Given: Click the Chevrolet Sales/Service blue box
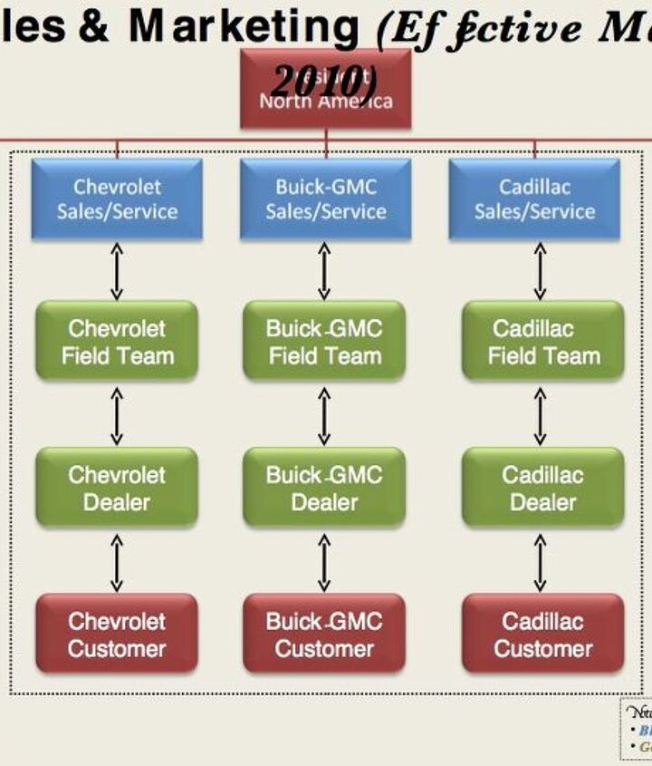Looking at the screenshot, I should [117, 199].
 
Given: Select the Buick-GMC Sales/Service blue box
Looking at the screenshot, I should [325, 199].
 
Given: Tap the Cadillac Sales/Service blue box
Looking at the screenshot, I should [534, 199].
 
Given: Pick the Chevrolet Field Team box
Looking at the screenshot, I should [117, 341].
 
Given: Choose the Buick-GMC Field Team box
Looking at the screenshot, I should [324, 341].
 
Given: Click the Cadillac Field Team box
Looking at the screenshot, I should [543, 341].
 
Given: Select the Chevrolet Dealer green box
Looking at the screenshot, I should [117, 488].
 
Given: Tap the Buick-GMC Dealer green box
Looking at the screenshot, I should [324, 488].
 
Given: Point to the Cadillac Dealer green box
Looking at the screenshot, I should [543, 488].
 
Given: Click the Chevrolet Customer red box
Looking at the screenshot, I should [117, 634].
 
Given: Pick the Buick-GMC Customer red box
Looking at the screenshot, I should [324, 634].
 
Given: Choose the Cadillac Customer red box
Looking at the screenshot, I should [543, 634].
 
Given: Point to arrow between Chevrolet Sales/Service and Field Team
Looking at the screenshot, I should [116, 270].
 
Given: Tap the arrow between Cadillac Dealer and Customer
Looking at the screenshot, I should [541, 561].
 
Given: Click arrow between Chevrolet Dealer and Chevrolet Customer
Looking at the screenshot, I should [116, 561].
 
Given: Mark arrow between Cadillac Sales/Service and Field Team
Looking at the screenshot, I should [541, 270].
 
